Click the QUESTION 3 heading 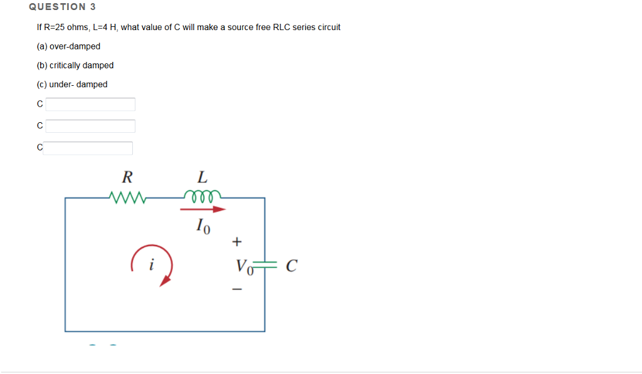pos(58,7)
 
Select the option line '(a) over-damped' pos(68,46)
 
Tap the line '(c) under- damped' pos(72,85)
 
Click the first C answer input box pos(90,104)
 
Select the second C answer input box pos(90,126)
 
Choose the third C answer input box pos(88,148)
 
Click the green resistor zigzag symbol pos(127,198)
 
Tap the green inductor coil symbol pos(203,195)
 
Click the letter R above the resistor pos(127,176)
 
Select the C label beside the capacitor pos(291,266)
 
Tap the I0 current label pos(204,226)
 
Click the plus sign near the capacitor pos(236,241)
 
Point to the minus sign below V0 pos(236,289)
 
